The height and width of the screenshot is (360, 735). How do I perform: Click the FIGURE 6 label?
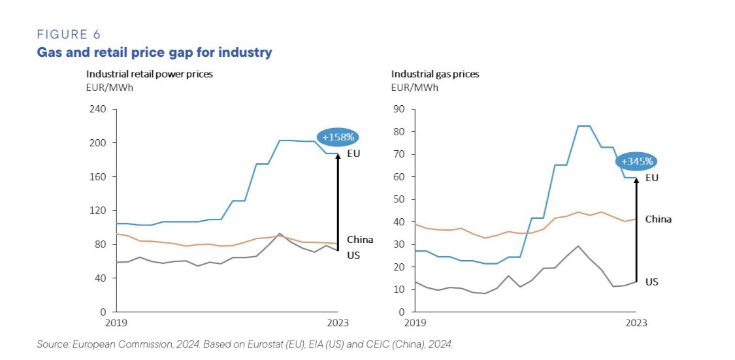(69, 35)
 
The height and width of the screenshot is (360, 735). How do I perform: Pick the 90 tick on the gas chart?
(399, 109)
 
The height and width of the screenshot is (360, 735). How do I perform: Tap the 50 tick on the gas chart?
(399, 199)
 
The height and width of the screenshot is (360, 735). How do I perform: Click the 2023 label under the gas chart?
(636, 323)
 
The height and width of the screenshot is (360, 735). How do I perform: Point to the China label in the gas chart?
(658, 220)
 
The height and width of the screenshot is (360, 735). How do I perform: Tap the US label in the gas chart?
(652, 282)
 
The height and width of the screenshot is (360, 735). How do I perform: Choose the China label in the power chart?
(360, 240)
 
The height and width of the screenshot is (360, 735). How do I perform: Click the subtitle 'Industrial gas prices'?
(435, 74)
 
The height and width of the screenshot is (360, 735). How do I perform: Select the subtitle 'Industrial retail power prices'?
(150, 74)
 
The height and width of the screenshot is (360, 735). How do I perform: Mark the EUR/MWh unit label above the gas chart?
(414, 87)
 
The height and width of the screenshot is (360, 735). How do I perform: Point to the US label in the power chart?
(353, 255)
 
